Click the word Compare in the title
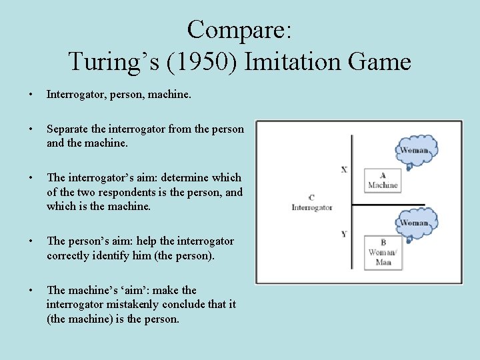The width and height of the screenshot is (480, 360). click(236, 30)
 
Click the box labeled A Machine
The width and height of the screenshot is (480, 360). click(383, 179)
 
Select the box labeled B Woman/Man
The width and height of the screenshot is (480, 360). click(383, 252)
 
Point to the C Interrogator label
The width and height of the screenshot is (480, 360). click(311, 203)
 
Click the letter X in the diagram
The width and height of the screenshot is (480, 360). click(344, 169)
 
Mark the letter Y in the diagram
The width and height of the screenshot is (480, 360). click(344, 234)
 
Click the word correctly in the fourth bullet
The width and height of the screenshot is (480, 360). click(71, 255)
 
